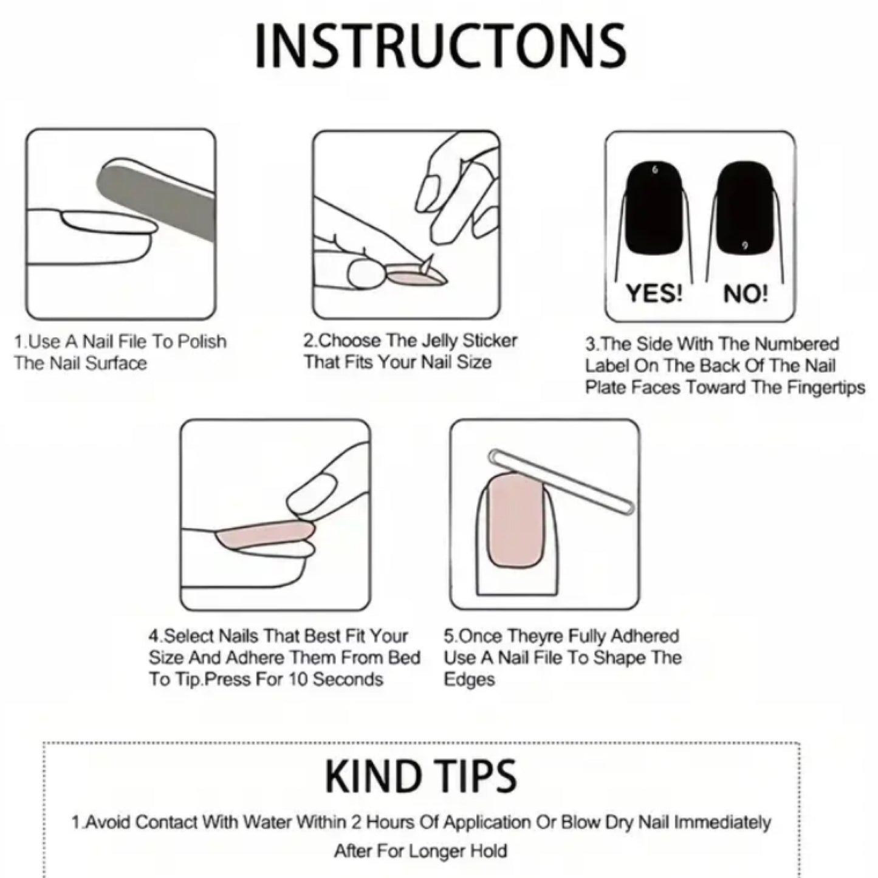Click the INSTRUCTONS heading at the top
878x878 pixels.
coord(440,47)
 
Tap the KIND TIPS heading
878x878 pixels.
coord(420,776)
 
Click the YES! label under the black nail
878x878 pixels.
coord(654,293)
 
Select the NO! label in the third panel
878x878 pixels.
coord(746,294)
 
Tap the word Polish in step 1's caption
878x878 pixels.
coord(202,341)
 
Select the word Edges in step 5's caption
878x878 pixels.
coord(469,680)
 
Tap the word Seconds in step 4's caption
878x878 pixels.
coord(348,679)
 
